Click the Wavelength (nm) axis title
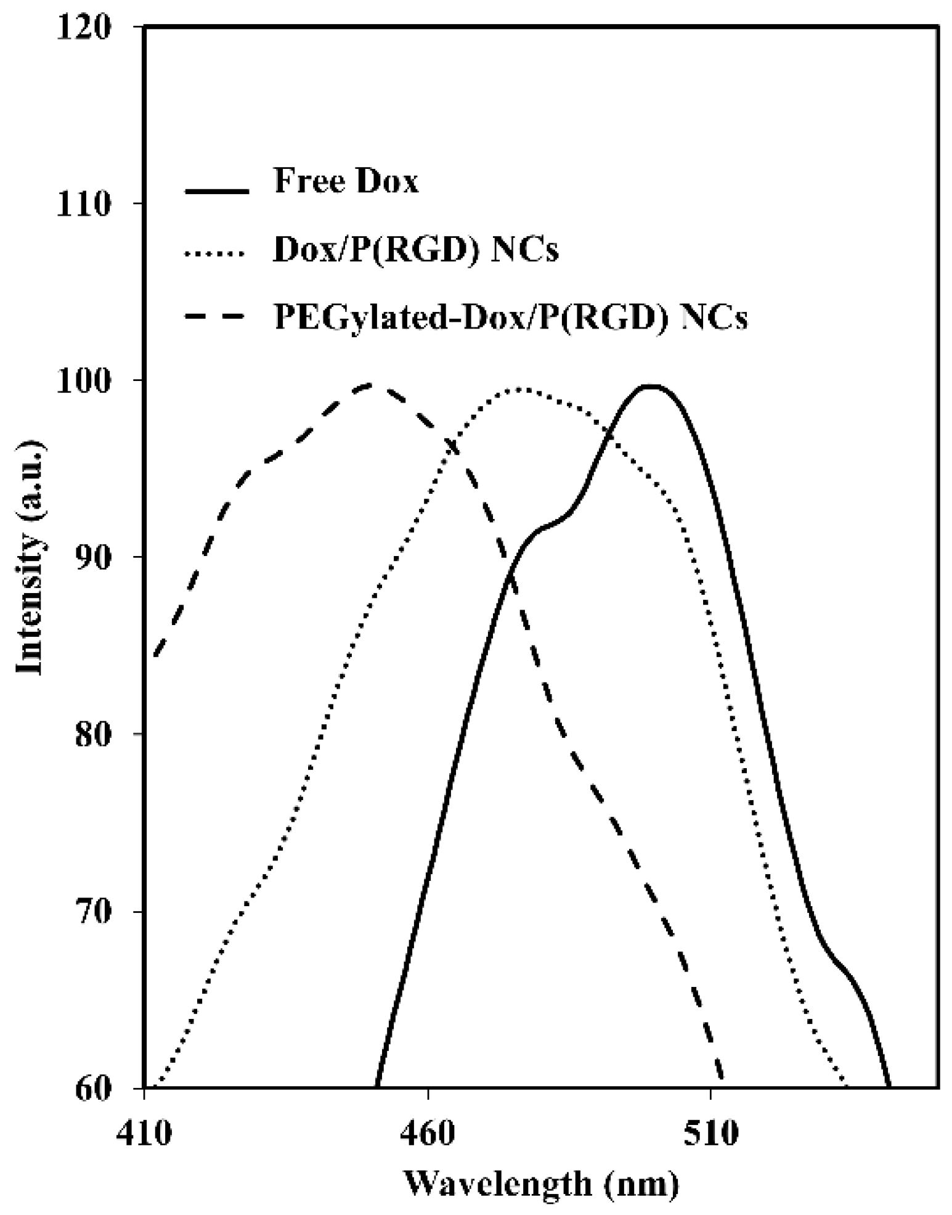tap(542, 1184)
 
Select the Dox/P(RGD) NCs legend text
tap(416, 252)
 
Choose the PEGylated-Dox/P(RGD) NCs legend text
tap(511, 319)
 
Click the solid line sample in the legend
tap(216, 191)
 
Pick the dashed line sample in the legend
tap(216, 317)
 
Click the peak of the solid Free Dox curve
tap(651, 386)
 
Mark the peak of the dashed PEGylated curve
tap(370, 385)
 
